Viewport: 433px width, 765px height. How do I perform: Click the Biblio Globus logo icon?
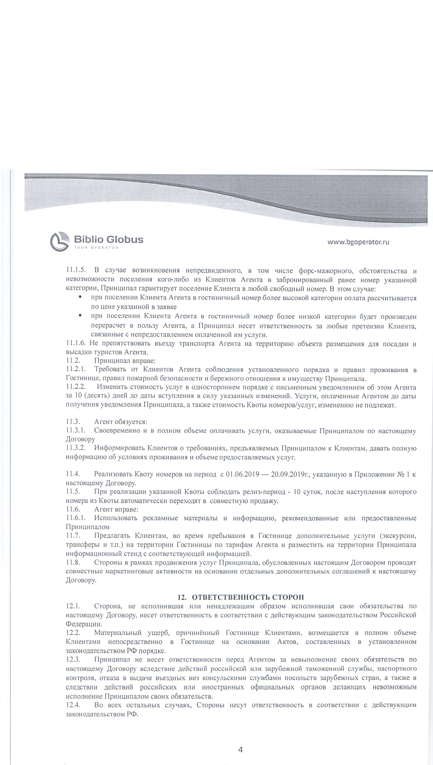(59, 241)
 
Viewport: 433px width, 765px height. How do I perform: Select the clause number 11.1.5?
(76, 270)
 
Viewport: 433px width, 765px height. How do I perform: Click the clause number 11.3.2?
(76, 448)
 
